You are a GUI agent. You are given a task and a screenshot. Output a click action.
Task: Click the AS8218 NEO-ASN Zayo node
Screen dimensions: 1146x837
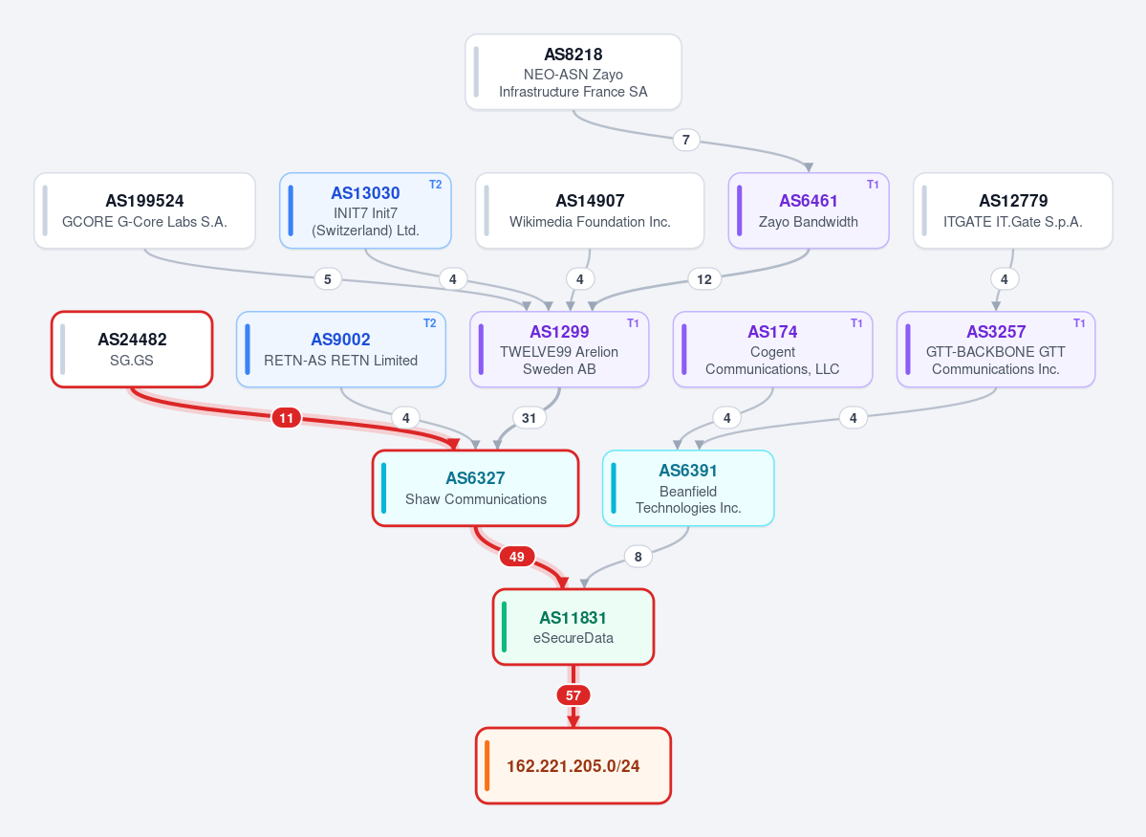(573, 72)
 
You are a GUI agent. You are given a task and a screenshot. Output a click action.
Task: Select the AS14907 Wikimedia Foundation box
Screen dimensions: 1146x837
(590, 210)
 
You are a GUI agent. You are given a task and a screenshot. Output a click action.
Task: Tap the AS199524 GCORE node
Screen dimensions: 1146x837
(144, 210)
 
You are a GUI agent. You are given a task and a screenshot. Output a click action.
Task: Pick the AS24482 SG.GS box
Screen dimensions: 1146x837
(132, 349)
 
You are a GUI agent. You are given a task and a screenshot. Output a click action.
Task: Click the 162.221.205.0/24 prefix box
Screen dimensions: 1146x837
(573, 765)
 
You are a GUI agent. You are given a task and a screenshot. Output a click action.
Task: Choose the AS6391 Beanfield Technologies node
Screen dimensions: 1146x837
(688, 488)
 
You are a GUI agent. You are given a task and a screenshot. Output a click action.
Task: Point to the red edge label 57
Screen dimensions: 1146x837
(573, 695)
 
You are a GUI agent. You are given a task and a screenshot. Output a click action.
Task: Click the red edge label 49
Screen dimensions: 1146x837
(517, 557)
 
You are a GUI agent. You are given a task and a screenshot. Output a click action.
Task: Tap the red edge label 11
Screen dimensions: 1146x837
(287, 419)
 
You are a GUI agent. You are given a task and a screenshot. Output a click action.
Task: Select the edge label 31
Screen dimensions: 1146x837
(530, 419)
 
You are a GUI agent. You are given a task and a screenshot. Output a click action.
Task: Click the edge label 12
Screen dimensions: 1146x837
(704, 279)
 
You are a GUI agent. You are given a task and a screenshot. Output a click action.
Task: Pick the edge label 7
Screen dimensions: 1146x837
(685, 140)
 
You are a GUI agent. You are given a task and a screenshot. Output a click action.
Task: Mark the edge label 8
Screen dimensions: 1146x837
(638, 557)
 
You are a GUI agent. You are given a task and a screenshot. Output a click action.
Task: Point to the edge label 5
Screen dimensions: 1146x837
(328, 279)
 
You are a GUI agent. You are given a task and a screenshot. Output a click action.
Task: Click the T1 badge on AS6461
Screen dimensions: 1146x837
(873, 185)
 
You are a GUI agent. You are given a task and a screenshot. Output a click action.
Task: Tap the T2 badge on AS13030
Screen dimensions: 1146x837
(436, 185)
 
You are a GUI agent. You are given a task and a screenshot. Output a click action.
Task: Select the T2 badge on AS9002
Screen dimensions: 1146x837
(430, 323)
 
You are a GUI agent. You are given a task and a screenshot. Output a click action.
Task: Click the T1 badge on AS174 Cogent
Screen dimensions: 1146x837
(856, 323)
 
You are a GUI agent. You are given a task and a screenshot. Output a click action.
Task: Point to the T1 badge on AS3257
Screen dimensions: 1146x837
(1079, 323)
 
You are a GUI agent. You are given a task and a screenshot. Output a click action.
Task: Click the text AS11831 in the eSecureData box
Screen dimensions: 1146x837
(573, 618)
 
